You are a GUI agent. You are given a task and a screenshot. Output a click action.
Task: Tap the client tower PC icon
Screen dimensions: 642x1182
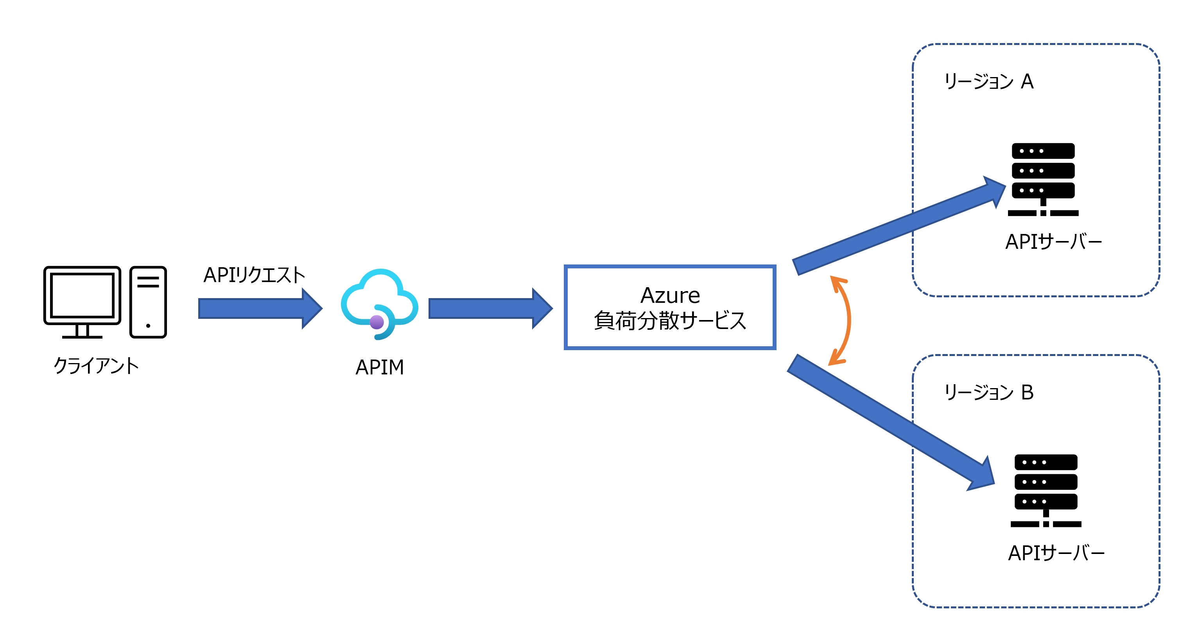[x=148, y=302]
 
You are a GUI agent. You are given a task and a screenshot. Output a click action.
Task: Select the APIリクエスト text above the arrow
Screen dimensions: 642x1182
[x=254, y=275]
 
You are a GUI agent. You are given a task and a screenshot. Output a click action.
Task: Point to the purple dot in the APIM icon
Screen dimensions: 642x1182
[x=377, y=322]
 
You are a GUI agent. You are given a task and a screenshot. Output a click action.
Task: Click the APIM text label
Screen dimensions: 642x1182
[x=380, y=367]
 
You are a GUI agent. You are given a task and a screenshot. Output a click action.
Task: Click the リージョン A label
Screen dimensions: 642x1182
[x=988, y=81]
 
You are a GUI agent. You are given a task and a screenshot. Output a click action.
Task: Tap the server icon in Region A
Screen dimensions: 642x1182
[x=1043, y=179]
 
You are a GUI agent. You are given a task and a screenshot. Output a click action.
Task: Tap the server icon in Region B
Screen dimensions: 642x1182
[x=1045, y=490]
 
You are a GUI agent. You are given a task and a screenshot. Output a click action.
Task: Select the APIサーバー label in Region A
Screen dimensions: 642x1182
[x=1053, y=241]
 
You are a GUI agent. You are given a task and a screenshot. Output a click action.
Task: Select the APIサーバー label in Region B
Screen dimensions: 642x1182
[x=1056, y=552]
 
